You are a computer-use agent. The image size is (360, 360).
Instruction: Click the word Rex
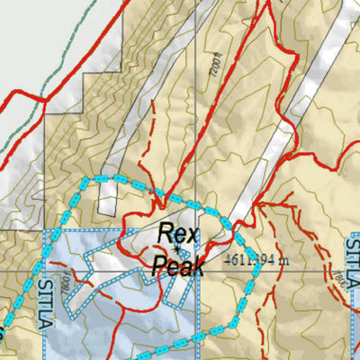pos(176,235)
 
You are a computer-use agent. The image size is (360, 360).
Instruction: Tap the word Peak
pos(179,265)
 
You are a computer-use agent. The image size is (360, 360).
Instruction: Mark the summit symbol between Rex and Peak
pos(178,250)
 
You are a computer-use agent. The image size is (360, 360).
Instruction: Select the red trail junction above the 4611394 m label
pos(256,206)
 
